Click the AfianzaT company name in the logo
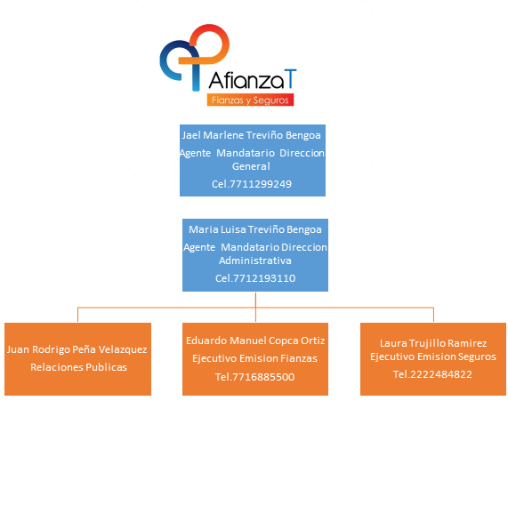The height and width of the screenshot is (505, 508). coord(253,80)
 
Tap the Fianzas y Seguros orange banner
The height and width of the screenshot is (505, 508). coord(250,100)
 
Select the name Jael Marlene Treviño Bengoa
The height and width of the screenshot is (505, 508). coord(252,135)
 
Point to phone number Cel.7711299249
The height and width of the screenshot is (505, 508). coord(252,184)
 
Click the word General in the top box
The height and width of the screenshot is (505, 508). coord(251,166)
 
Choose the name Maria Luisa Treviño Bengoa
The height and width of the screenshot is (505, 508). coord(255,229)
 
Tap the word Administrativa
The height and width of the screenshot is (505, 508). coord(255,261)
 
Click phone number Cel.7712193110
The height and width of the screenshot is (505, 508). coord(255,278)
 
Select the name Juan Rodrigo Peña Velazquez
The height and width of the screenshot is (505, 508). coord(77,349)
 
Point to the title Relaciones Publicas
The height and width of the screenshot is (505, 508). coord(78,367)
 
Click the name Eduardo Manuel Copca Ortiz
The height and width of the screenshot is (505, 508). coord(255,341)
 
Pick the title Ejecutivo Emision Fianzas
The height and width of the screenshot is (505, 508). coord(254,358)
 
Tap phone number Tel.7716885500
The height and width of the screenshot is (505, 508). coord(255,377)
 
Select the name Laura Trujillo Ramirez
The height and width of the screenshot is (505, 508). coord(433,343)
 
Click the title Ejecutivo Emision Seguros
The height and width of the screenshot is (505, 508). coord(433,357)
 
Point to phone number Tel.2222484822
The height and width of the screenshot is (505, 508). coord(432,374)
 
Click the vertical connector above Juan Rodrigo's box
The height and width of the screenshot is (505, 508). coord(77,315)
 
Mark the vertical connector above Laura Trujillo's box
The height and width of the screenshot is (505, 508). coord(433,315)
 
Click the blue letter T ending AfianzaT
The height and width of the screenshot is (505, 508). coord(290,78)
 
